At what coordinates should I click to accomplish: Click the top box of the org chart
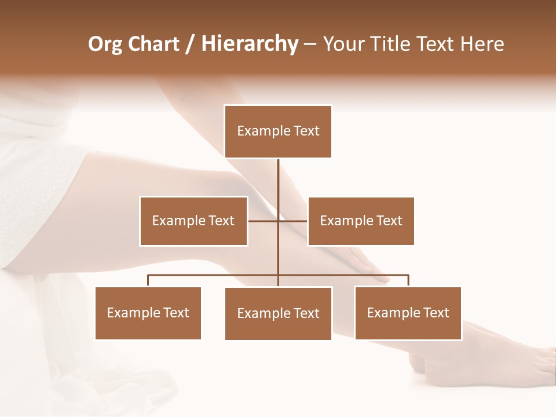click(x=278, y=131)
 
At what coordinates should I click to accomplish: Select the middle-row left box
click(x=193, y=221)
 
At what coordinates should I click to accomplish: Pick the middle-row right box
click(x=361, y=221)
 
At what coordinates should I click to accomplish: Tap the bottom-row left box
click(x=148, y=313)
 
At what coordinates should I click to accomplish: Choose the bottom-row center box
click(x=278, y=313)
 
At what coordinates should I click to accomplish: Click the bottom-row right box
click(x=408, y=313)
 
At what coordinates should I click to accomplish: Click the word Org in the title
click(x=105, y=44)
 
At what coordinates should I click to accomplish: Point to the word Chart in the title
click(x=153, y=44)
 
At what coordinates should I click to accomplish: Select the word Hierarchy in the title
click(x=249, y=44)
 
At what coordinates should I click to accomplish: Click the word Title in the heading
click(x=393, y=44)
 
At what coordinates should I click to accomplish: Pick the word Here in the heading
click(x=482, y=44)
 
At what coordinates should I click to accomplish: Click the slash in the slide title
click(x=190, y=44)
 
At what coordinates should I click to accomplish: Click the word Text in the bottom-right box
click(x=436, y=313)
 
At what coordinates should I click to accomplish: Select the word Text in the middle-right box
click(x=389, y=221)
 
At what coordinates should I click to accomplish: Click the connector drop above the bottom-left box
click(x=148, y=281)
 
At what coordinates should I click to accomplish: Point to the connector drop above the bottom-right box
click(x=408, y=281)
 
